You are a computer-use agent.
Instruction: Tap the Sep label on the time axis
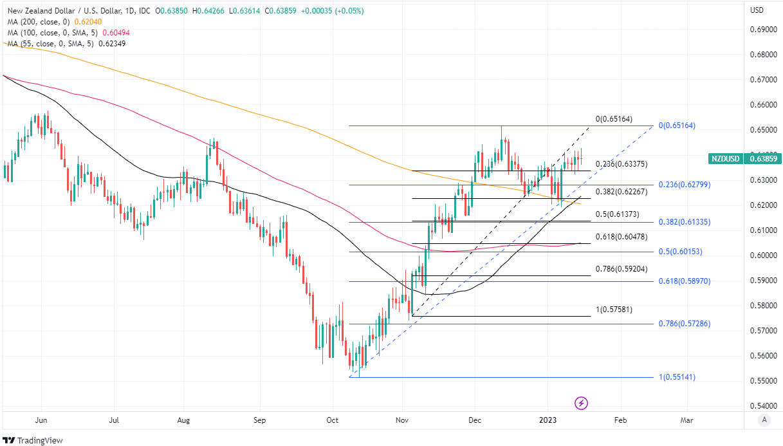click(x=259, y=420)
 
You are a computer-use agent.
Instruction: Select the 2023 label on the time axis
click(x=548, y=420)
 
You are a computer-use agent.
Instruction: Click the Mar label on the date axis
click(x=686, y=420)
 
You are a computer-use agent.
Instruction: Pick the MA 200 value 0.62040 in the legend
click(x=97, y=21)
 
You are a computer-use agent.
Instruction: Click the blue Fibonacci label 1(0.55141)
click(x=676, y=377)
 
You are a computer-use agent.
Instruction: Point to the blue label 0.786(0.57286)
click(x=685, y=324)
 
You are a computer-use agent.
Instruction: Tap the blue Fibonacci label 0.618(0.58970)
click(x=685, y=281)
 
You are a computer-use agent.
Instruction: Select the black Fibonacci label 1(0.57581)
click(x=614, y=310)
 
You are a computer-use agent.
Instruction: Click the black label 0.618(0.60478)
click(x=622, y=237)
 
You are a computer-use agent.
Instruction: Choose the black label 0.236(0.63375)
click(x=622, y=163)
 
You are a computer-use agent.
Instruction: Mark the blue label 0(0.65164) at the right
click(x=676, y=125)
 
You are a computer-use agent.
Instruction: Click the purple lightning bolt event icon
click(x=582, y=404)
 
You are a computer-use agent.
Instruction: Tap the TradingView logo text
click(x=35, y=440)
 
